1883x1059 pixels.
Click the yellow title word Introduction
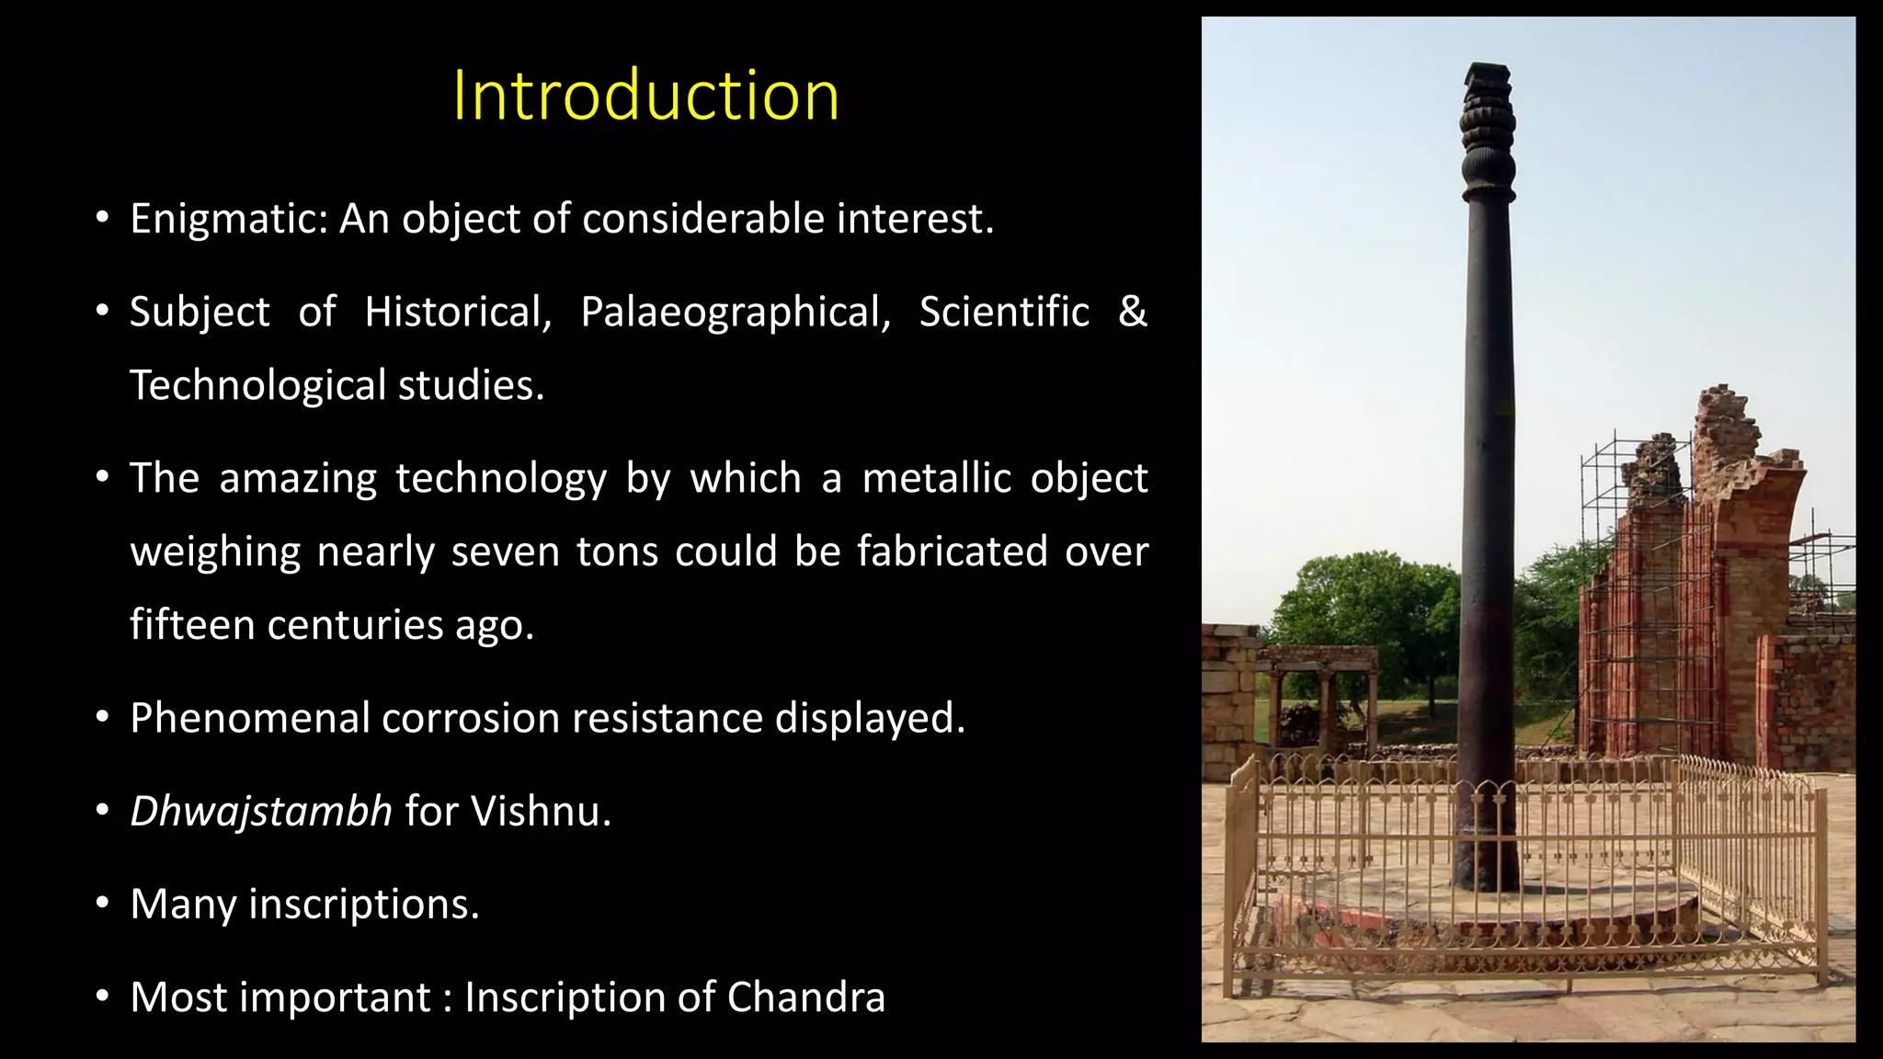[645, 96]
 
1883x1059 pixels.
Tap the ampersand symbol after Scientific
[1133, 311]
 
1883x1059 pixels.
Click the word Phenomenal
[249, 718]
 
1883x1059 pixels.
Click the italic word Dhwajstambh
[261, 812]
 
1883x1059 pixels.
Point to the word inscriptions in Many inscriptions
[364, 905]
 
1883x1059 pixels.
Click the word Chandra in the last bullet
[805, 997]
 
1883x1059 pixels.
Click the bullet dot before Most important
[103, 997]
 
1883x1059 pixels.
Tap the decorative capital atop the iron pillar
[1488, 129]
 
